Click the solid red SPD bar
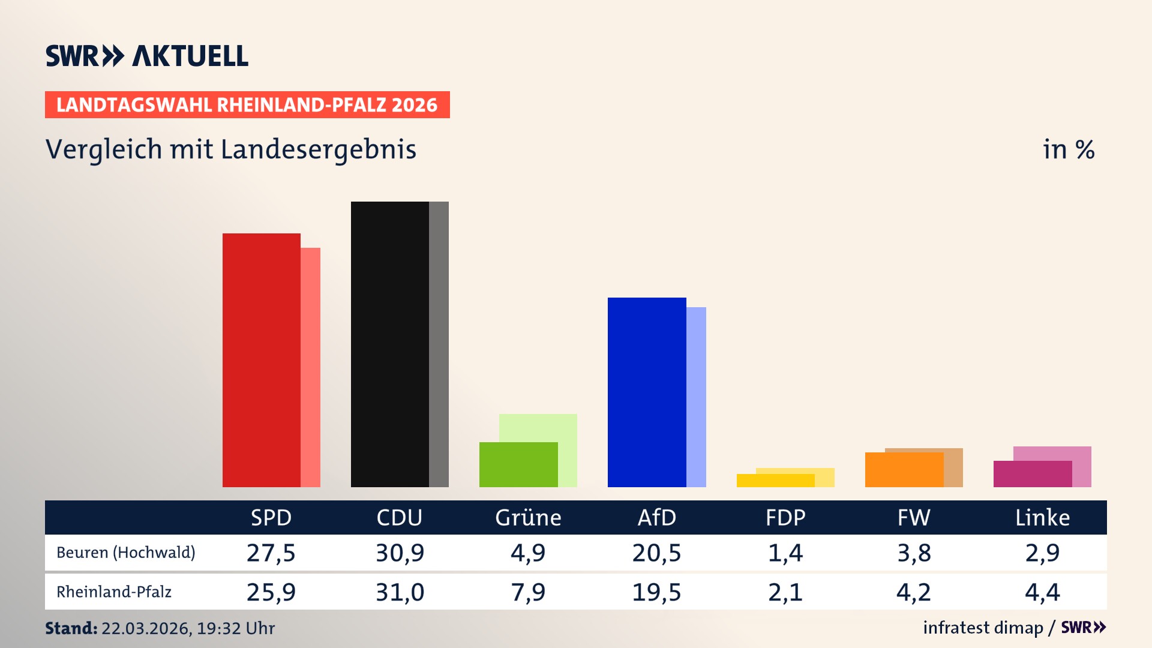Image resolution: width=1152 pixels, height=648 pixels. point(261,360)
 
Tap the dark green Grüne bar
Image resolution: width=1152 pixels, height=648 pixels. point(518,464)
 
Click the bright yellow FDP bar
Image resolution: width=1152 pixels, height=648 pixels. point(775,481)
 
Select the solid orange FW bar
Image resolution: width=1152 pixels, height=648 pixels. point(904,470)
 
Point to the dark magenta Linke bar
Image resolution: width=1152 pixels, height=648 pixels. point(1032,474)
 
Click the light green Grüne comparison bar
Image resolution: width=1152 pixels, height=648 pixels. point(538,427)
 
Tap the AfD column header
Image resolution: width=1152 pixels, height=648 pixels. point(656,517)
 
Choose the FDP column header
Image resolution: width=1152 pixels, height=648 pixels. point(785,517)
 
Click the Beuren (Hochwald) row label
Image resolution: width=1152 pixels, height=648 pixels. point(126,553)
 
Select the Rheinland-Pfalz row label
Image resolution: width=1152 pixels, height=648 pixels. point(114,592)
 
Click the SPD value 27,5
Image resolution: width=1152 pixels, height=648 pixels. point(271,553)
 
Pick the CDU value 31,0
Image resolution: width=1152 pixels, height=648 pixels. point(400,592)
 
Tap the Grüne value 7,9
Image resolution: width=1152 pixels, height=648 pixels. point(528,592)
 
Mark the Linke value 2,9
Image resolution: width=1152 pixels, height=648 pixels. point(1042,553)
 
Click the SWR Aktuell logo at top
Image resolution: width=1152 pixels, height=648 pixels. point(147,56)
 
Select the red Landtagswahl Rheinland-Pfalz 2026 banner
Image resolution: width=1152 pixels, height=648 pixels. point(247,105)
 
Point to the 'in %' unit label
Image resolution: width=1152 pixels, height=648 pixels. point(1068,149)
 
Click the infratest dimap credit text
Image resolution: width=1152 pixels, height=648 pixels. point(983,628)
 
